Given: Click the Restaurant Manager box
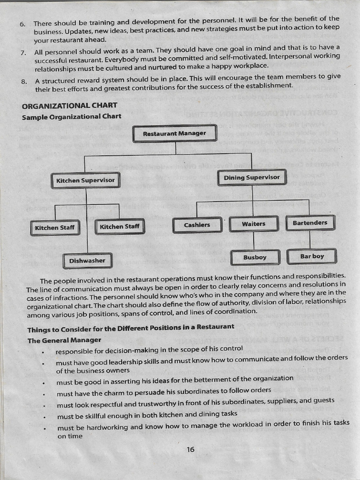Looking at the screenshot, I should (174, 133).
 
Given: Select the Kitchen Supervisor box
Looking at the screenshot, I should (85, 180).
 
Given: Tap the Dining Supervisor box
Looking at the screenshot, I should (252, 178).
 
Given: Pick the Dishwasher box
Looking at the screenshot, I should (88, 261).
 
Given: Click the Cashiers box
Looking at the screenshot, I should (197, 225).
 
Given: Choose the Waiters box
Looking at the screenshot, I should (254, 224).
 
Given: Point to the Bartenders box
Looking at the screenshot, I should (310, 223).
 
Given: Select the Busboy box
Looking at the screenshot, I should (255, 257).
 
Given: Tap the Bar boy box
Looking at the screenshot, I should (312, 256).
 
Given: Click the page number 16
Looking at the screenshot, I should (190, 450).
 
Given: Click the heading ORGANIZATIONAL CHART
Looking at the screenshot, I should (70, 105).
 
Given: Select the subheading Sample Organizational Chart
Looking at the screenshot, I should (72, 116).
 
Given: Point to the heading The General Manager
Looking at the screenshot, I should (64, 340).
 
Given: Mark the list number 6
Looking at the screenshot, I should (22, 24).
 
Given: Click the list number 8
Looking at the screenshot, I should (24, 82).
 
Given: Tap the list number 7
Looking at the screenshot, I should (23, 52).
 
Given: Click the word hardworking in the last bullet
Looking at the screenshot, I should (108, 427).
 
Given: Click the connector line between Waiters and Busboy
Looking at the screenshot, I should (254, 241).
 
